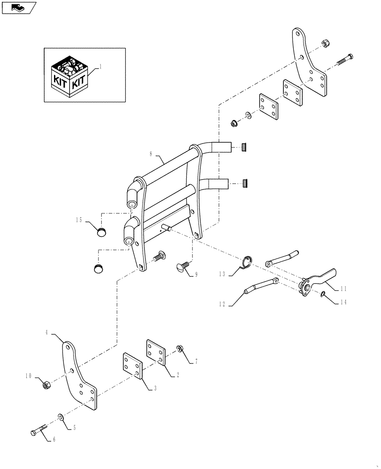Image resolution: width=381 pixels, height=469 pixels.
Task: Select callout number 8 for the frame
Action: click(151, 153)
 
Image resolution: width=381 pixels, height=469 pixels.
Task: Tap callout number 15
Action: click(79, 219)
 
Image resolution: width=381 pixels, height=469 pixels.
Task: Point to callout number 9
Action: click(196, 274)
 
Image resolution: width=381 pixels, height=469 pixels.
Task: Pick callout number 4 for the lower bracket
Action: click(47, 332)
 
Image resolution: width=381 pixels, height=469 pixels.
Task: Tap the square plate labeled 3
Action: click(132, 364)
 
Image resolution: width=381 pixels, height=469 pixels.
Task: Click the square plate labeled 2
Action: click(156, 352)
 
